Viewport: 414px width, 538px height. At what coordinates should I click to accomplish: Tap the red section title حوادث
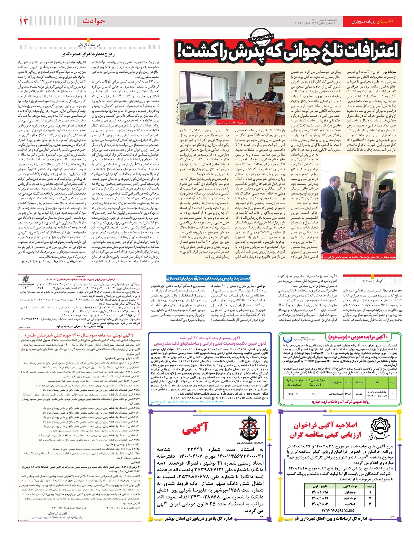[94, 21]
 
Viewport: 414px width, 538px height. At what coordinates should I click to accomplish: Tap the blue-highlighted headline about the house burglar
[208, 278]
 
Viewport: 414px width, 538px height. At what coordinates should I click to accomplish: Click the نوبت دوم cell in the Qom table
[348, 498]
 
